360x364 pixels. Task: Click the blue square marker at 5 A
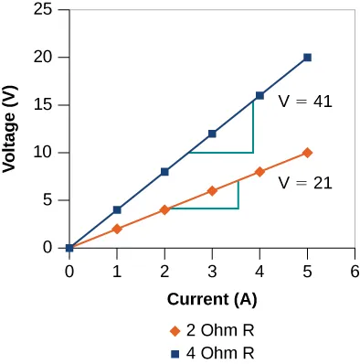tap(307, 58)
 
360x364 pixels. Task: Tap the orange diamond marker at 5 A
tap(307, 153)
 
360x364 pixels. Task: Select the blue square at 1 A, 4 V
tap(117, 209)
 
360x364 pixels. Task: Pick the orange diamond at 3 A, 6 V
tap(212, 190)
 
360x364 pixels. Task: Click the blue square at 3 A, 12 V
tap(212, 134)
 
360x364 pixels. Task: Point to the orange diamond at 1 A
tap(117, 229)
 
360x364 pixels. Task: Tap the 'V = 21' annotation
tap(305, 183)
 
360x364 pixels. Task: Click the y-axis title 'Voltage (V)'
tap(17, 128)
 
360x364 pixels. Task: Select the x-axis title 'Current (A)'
tap(211, 299)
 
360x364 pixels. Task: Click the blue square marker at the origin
tap(69, 248)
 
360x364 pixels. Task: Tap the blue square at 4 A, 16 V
tap(259, 95)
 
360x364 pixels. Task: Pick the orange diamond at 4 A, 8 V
tap(259, 172)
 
